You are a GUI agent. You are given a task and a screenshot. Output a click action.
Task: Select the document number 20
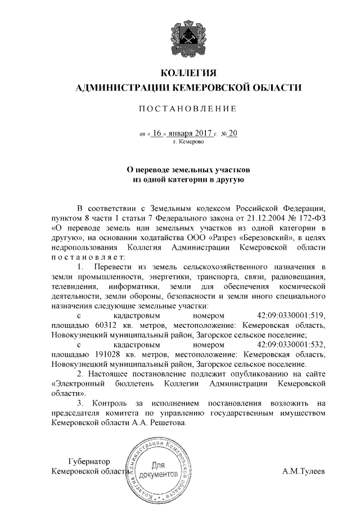pyautogui.click(x=233, y=133)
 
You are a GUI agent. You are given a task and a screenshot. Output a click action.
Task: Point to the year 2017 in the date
pyautogui.click(x=201, y=133)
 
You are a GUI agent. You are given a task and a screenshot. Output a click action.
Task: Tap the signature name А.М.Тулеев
pyautogui.click(x=304, y=470)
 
